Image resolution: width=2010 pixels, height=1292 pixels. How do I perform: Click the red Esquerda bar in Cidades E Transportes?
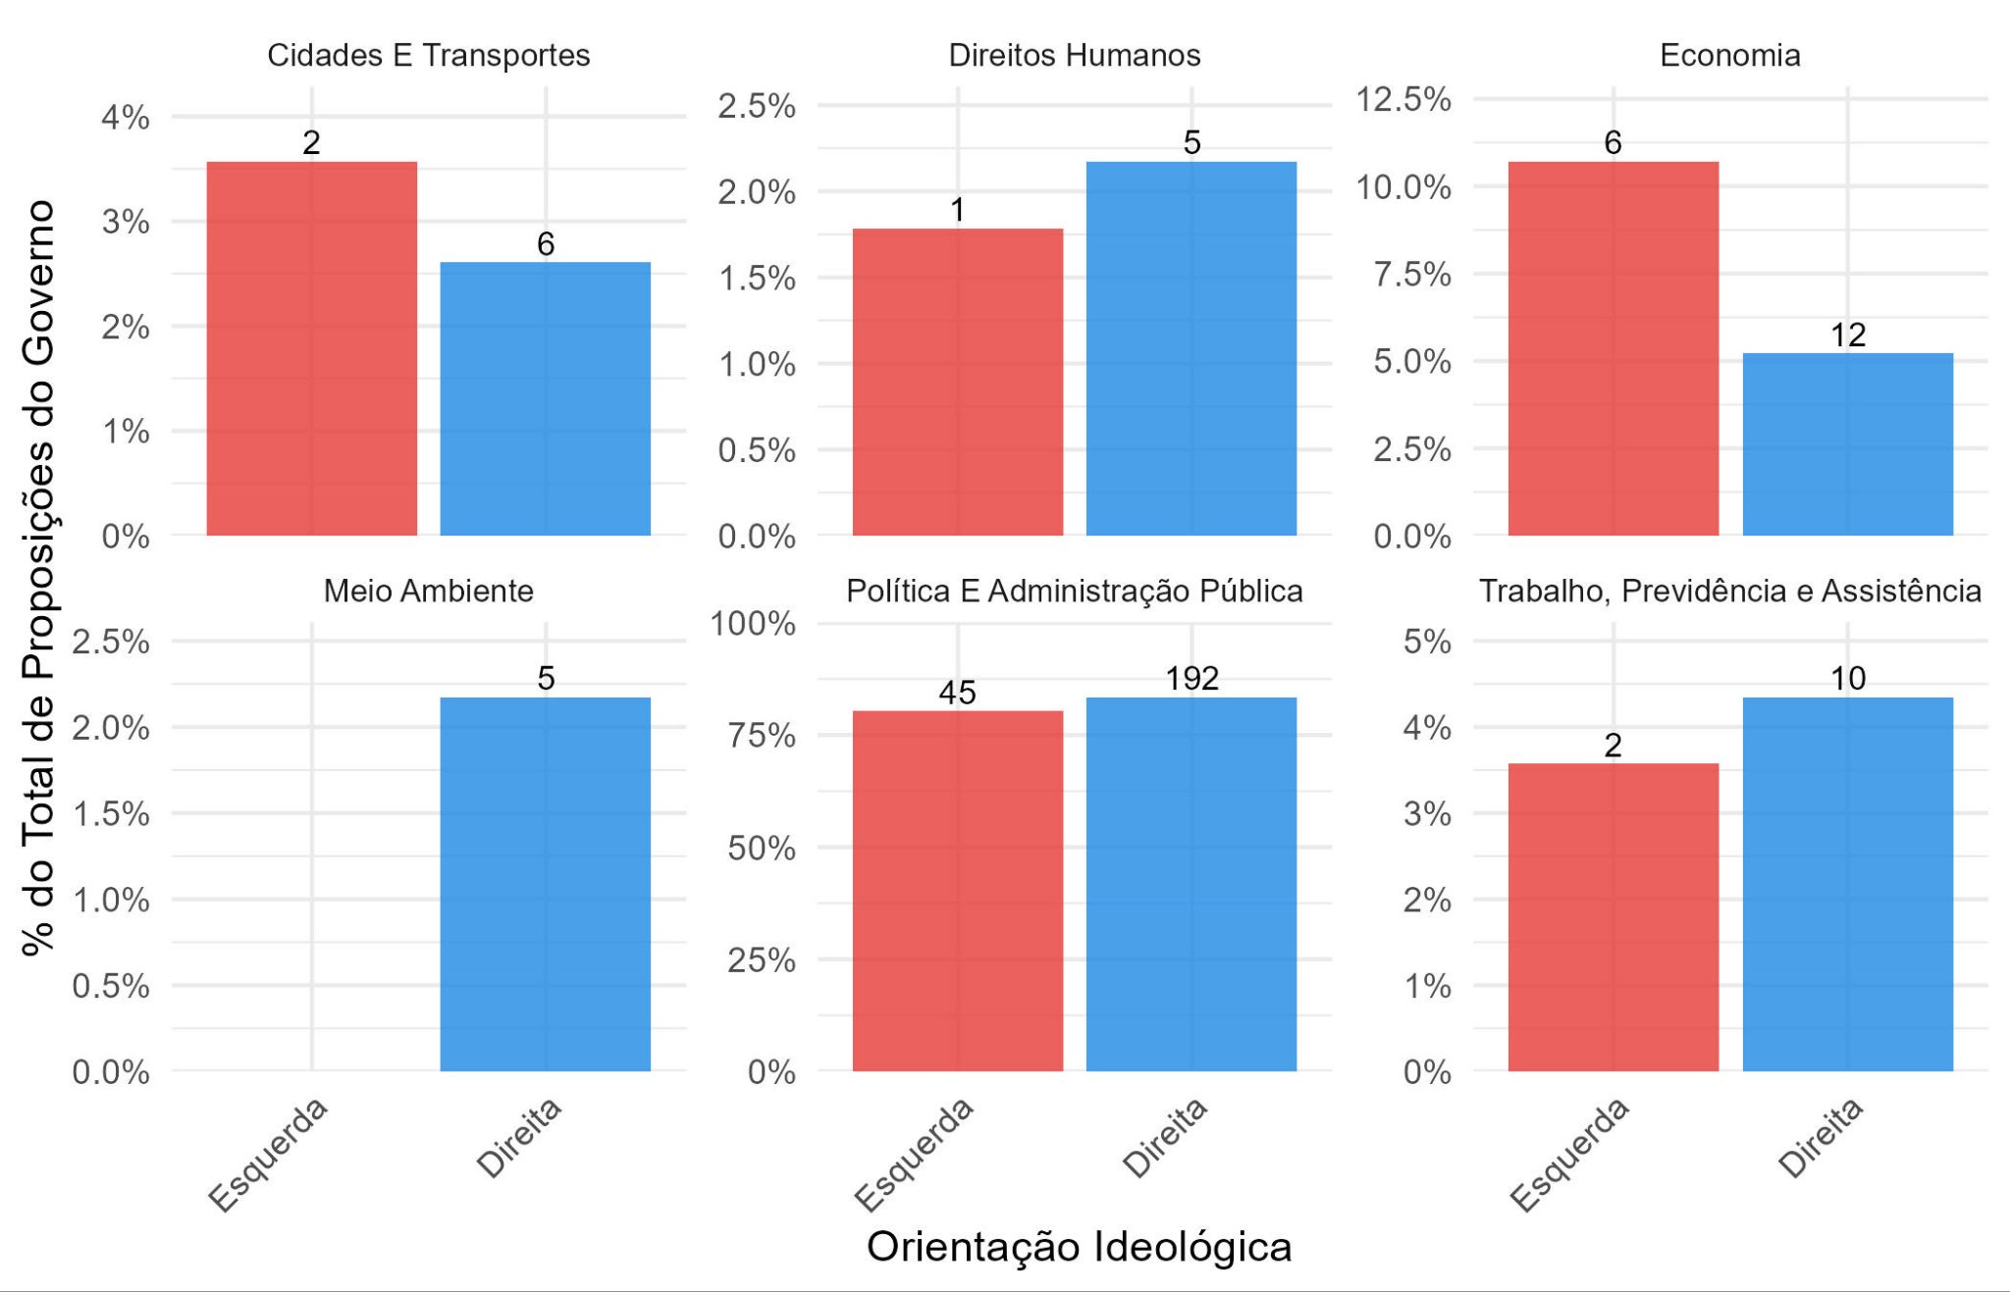311,348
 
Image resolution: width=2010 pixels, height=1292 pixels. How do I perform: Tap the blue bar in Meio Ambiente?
545,883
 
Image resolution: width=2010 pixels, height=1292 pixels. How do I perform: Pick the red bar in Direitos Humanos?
957,382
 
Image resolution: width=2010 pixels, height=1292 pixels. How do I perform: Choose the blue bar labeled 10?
1847,883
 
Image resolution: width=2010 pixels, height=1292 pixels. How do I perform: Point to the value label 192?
1191,678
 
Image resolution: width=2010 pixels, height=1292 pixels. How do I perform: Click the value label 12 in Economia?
1847,336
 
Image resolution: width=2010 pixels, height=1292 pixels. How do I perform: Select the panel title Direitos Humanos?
1074,56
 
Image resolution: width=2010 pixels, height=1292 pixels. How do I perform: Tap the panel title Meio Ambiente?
428,592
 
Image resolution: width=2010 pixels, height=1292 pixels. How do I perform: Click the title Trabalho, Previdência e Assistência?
1729,592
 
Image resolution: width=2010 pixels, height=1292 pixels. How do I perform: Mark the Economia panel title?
1729,56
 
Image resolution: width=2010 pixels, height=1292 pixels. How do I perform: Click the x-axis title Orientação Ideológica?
1079,1247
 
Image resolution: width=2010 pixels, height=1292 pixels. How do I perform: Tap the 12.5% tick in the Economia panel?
1402,99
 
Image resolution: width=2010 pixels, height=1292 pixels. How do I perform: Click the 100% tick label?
753,623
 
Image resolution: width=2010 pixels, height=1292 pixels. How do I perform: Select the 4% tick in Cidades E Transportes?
126,118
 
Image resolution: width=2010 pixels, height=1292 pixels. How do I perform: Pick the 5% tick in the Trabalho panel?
1427,642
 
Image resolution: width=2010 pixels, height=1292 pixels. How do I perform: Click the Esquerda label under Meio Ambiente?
268,1156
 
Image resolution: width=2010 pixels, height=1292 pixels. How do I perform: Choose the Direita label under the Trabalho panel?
1821,1137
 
